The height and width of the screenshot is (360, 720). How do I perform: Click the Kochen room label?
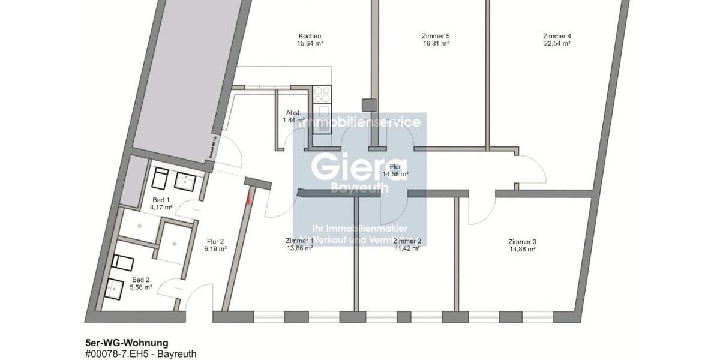[310, 36]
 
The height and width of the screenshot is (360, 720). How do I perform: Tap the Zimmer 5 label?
[436, 36]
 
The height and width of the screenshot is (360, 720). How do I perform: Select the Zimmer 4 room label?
[557, 36]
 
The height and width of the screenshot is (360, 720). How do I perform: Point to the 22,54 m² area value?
[557, 43]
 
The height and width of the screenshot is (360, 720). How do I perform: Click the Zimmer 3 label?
[522, 242]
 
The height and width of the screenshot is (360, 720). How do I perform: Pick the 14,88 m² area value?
[522, 250]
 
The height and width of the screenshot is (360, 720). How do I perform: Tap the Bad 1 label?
[161, 200]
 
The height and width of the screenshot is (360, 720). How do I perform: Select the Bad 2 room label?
[142, 280]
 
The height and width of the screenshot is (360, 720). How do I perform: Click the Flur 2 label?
[214, 241]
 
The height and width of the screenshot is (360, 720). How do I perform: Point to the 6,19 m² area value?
[214, 249]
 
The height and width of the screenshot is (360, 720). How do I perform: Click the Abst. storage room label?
[293, 113]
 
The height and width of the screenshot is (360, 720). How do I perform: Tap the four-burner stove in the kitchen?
[322, 95]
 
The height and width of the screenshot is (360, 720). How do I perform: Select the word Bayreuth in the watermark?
[359, 188]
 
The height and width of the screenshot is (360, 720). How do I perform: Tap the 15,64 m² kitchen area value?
[310, 43]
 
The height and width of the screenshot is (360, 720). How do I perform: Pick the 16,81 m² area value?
[436, 43]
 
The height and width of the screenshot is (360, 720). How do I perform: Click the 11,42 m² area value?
[407, 248]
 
